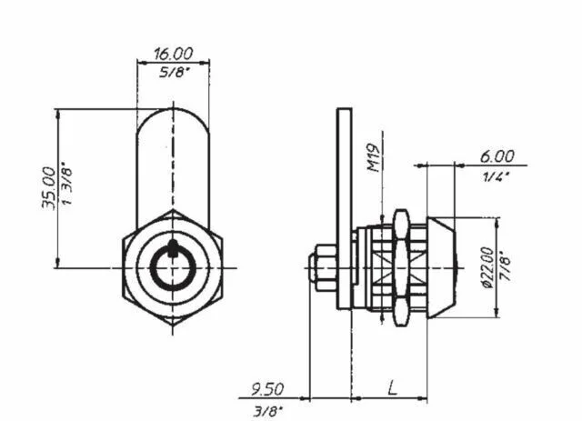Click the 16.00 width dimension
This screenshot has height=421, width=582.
[174, 54]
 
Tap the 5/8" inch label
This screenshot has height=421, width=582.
[172, 73]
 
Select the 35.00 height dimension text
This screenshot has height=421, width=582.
[48, 188]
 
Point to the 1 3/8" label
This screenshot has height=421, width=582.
[67, 183]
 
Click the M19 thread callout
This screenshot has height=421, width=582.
[374, 158]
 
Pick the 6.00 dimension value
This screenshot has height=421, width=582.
[497, 156]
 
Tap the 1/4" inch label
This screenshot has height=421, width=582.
[496, 176]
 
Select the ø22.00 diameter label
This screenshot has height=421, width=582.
[487, 267]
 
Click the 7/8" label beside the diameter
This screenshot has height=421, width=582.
[506, 266]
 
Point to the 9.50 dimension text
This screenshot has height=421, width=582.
[267, 389]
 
